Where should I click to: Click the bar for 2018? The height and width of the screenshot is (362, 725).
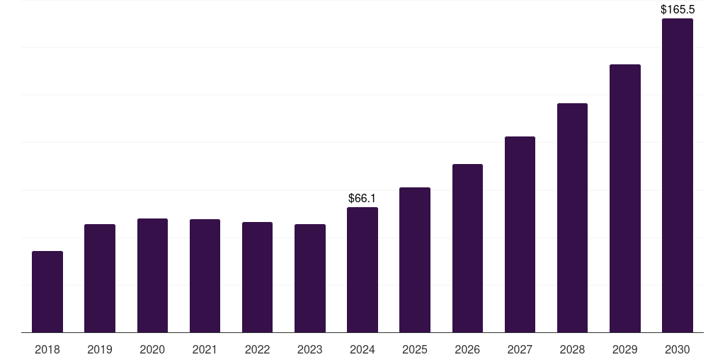pyautogui.click(x=47, y=291)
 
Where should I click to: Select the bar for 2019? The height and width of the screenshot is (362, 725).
pyautogui.click(x=100, y=278)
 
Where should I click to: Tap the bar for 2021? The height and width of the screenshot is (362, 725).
pyautogui.click(x=205, y=276)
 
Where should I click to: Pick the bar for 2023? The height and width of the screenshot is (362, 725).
pyautogui.click(x=310, y=278)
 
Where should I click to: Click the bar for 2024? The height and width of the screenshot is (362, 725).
pyautogui.click(x=362, y=269)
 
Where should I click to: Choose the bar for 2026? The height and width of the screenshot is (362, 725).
pyautogui.click(x=467, y=248)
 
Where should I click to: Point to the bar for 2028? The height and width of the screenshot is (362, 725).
pyautogui.click(x=572, y=218)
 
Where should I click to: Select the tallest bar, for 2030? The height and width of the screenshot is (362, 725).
pyautogui.click(x=677, y=175)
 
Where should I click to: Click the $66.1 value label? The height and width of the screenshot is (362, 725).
pyautogui.click(x=362, y=199)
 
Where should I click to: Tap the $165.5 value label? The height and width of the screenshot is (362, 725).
pyautogui.click(x=677, y=10)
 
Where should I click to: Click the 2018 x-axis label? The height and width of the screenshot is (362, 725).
pyautogui.click(x=47, y=349)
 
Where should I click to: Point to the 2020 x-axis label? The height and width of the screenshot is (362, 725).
pyautogui.click(x=152, y=349)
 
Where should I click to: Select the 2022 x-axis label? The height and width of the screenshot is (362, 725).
pyautogui.click(x=257, y=349)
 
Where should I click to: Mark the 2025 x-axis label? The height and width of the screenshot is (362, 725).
pyautogui.click(x=415, y=349)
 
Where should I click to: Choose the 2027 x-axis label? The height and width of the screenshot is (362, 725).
pyautogui.click(x=520, y=349)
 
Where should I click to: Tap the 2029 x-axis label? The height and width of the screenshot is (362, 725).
pyautogui.click(x=624, y=349)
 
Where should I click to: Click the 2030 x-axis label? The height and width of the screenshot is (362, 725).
pyautogui.click(x=677, y=349)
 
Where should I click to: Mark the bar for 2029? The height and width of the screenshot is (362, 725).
pyautogui.click(x=624, y=198)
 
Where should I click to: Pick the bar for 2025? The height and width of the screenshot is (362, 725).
pyautogui.click(x=415, y=259)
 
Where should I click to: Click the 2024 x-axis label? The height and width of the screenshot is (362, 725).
pyautogui.click(x=362, y=349)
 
